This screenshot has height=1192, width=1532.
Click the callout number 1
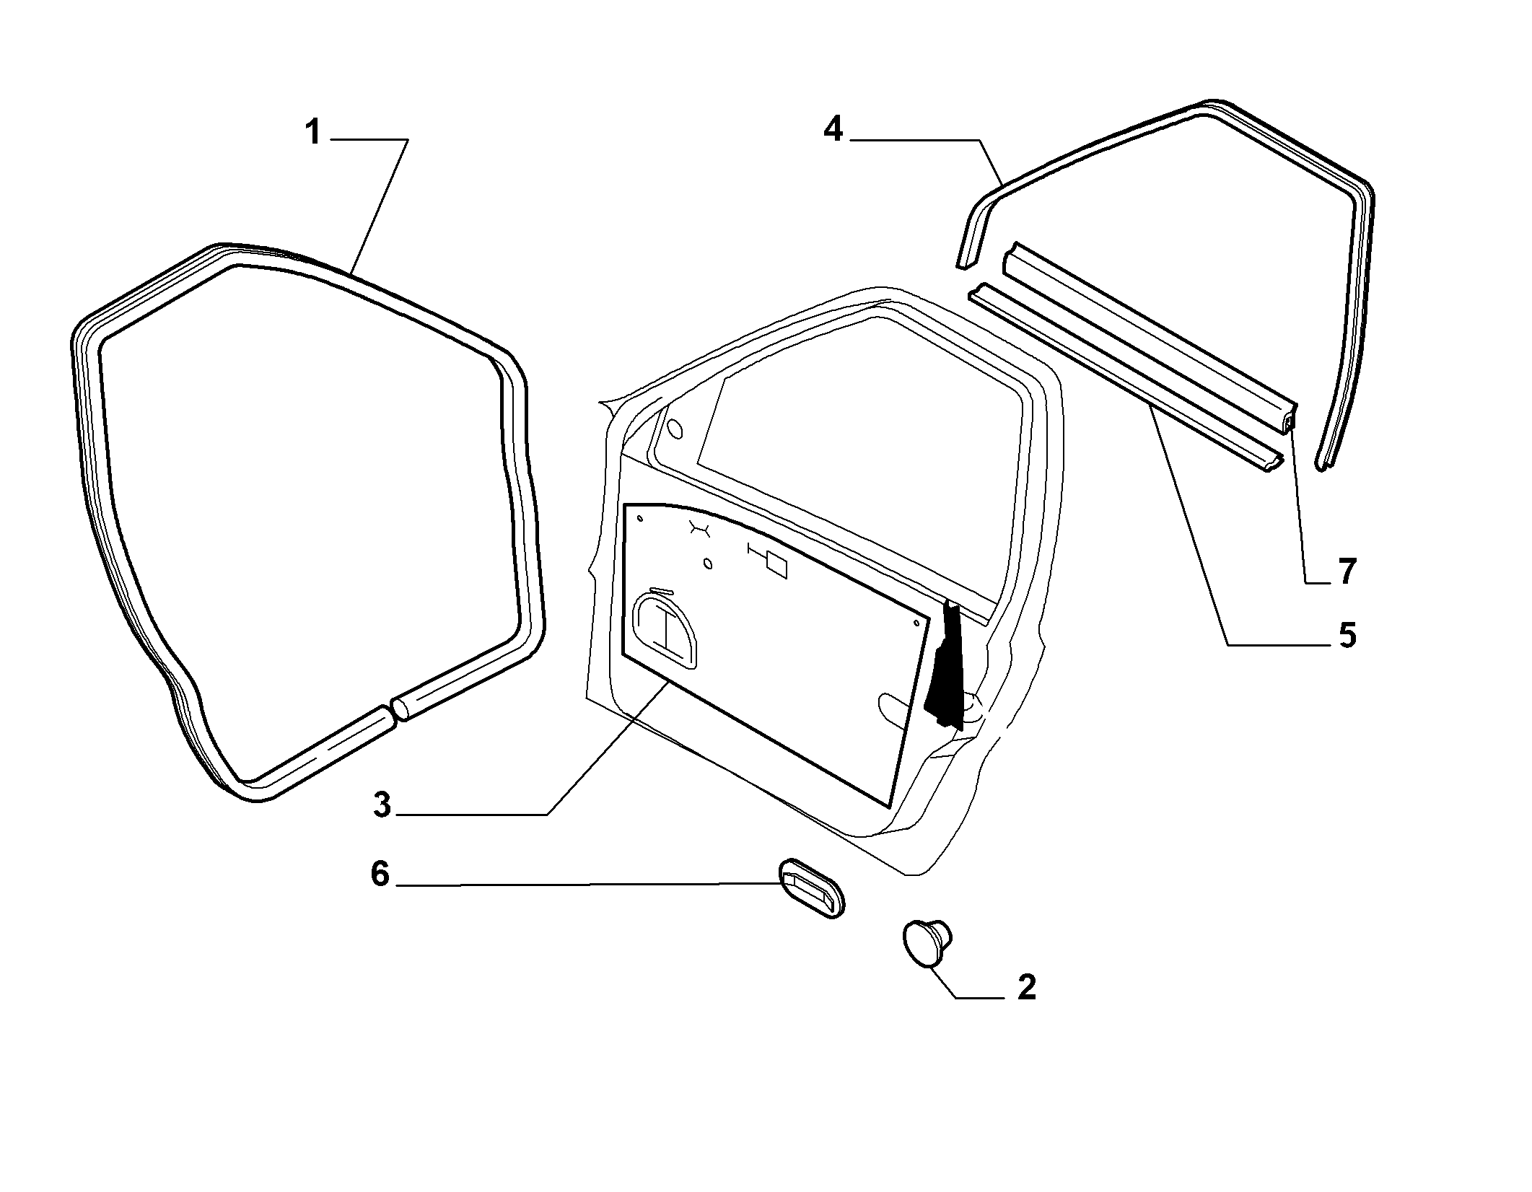(x=312, y=133)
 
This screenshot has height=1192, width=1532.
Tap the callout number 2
(x=1026, y=987)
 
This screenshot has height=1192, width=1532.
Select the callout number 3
(x=382, y=805)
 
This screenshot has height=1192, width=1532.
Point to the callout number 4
(x=833, y=129)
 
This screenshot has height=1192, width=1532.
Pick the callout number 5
(x=1347, y=636)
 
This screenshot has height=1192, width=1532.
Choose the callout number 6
(x=380, y=874)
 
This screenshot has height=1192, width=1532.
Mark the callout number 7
(x=1347, y=571)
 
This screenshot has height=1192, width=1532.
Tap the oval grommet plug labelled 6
(x=811, y=888)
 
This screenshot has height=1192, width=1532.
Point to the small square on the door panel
(x=776, y=564)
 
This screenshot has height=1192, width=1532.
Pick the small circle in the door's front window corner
(x=675, y=429)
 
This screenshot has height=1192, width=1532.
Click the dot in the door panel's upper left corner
(x=639, y=517)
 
